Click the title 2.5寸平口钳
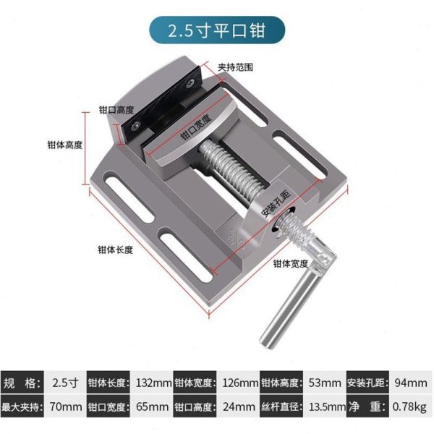216,32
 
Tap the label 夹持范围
235,67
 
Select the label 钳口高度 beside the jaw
116,111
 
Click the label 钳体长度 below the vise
116,250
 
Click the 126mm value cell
239,382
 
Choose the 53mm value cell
325,382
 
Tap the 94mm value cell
410,382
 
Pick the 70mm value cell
66,406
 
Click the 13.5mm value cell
325,406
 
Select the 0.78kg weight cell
410,406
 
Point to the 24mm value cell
239,406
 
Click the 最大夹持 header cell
23,406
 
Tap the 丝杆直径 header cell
281,406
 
